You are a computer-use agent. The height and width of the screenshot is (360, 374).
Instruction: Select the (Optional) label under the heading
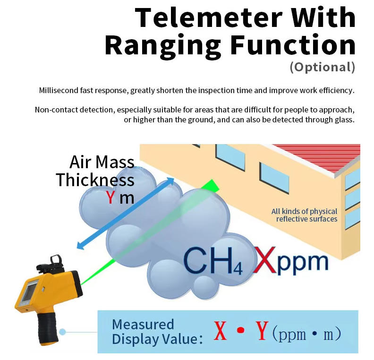(322, 67)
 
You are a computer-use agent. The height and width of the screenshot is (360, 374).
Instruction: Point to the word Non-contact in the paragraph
(56, 110)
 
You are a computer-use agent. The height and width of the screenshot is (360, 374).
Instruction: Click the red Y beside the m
(110, 197)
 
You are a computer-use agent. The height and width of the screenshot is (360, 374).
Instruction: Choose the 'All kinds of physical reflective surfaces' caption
(304, 215)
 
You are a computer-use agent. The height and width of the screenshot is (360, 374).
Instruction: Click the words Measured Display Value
(151, 332)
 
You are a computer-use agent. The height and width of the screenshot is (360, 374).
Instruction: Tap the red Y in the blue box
(263, 332)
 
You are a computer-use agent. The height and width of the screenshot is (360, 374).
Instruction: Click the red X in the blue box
(220, 332)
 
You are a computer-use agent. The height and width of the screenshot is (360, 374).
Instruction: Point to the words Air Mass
(102, 162)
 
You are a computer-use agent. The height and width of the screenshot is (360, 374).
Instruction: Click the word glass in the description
(342, 120)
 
